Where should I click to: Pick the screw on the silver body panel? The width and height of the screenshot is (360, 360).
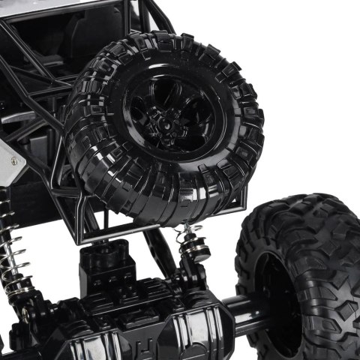point(13,161)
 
